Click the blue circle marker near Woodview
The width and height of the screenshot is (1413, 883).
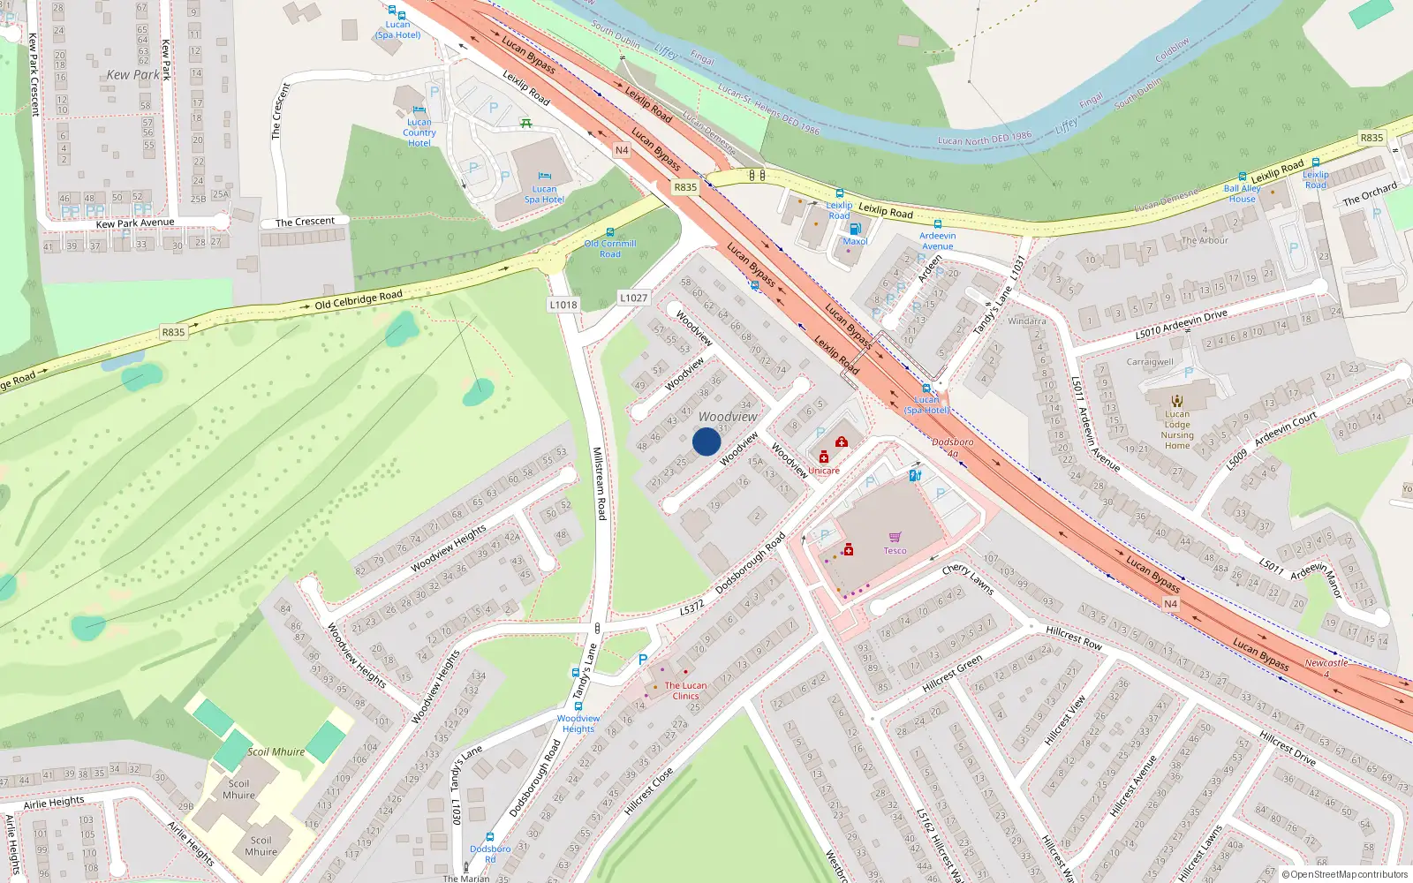tap(706, 441)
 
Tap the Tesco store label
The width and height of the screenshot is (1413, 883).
tap(895, 550)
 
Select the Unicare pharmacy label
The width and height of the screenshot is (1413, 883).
tap(823, 471)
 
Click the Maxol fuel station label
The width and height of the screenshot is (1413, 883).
tap(855, 241)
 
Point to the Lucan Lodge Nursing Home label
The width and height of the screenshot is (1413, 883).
tap(1177, 430)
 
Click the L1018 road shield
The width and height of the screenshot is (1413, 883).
tap(563, 305)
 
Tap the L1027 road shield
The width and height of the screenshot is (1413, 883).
tap(633, 298)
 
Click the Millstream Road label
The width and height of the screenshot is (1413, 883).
tap(599, 483)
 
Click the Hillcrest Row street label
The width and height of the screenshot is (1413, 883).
tap(1074, 638)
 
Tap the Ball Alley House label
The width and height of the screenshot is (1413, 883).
tap(1242, 193)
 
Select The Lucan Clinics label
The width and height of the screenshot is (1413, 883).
tap(685, 691)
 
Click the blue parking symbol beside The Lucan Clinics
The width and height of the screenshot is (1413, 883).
tap(643, 660)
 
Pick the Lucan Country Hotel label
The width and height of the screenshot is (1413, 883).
tap(419, 132)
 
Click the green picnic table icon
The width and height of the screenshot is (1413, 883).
tap(526, 123)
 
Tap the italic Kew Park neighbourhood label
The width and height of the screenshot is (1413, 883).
tap(133, 75)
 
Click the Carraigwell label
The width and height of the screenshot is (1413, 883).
tap(1150, 362)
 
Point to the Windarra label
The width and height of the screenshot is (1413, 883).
tap(1026, 321)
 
